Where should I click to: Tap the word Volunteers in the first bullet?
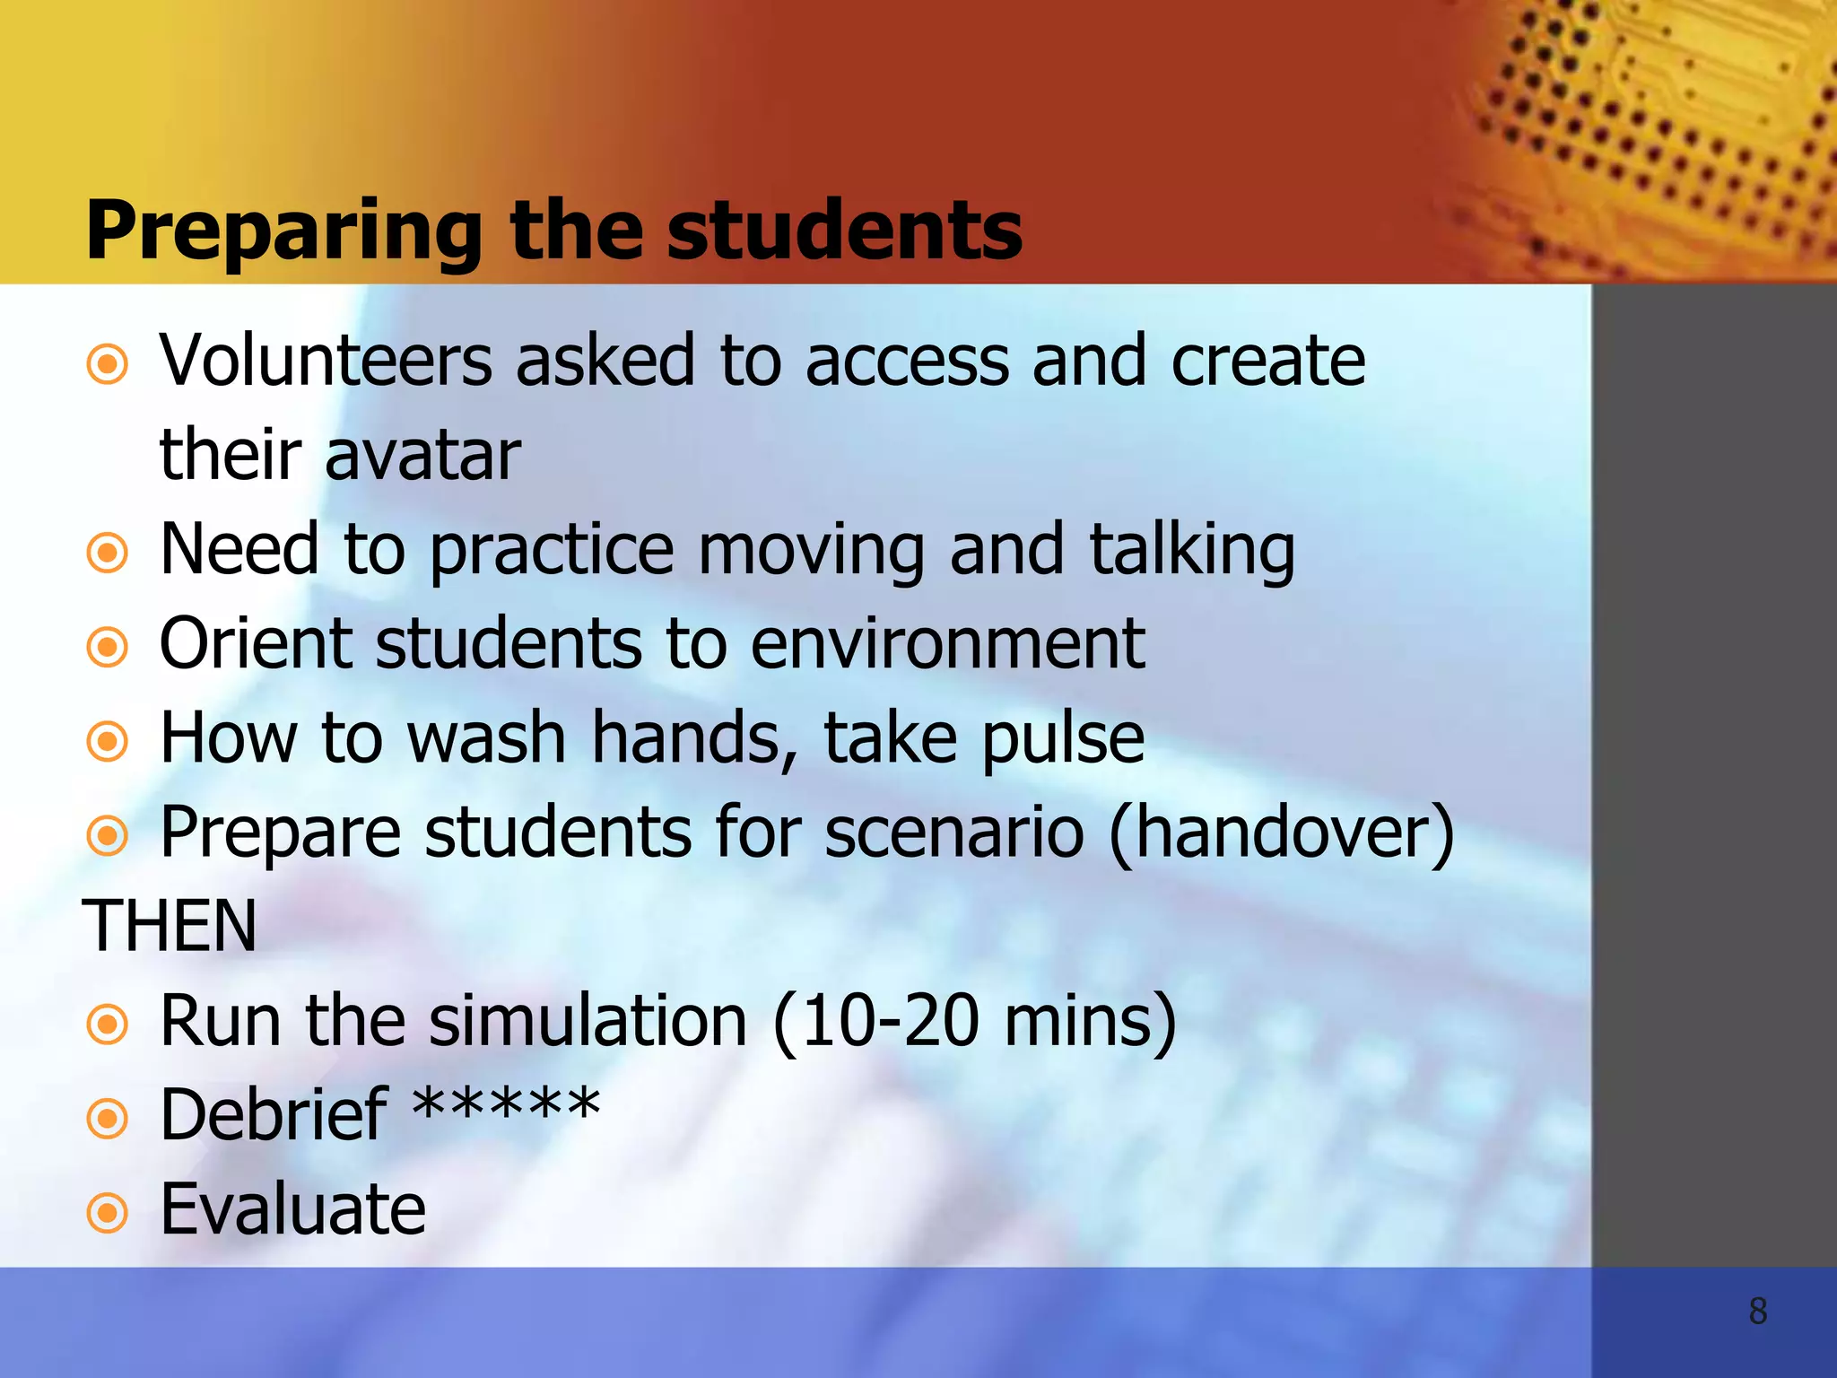point(326,361)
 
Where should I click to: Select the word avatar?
point(422,456)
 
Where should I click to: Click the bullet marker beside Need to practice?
point(108,553)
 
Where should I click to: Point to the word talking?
point(1192,551)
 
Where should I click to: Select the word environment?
point(947,644)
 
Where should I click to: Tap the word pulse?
point(1063,739)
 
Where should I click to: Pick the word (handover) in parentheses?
point(1281,833)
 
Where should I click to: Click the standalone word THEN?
point(170,927)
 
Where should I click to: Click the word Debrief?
point(274,1115)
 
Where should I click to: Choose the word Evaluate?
point(292,1210)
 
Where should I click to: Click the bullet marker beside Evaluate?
point(108,1213)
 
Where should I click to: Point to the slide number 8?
point(1757,1312)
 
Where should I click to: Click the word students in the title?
point(844,232)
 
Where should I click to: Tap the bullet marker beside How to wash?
point(108,741)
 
